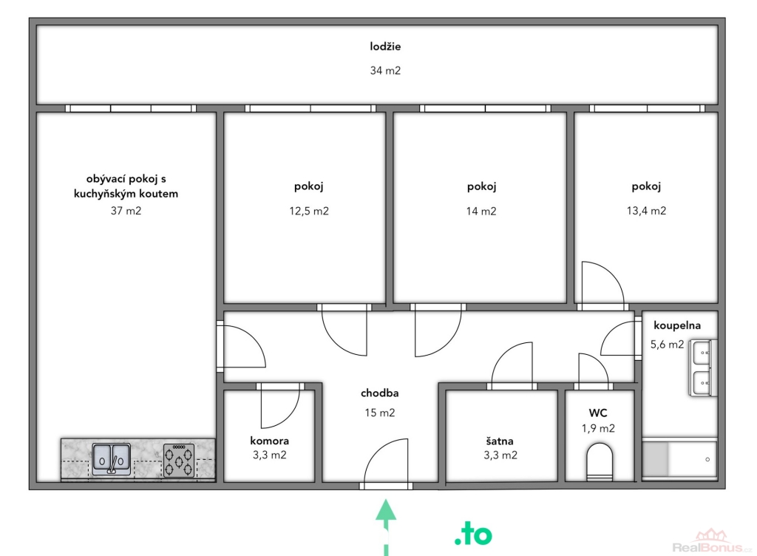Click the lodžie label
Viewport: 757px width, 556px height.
pyautogui.click(x=385, y=47)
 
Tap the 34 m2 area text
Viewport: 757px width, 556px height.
pyautogui.click(x=385, y=70)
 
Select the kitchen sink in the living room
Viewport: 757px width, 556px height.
pyautogui.click(x=111, y=459)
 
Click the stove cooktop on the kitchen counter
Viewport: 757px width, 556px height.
pyautogui.click(x=179, y=460)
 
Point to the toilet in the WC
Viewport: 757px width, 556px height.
pyautogui.click(x=599, y=462)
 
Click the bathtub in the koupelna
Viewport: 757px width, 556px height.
pyautogui.click(x=679, y=458)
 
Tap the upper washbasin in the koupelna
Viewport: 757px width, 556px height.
pyautogui.click(x=702, y=353)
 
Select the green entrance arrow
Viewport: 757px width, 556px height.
pyautogui.click(x=386, y=527)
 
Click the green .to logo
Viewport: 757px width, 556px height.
pyautogui.click(x=473, y=535)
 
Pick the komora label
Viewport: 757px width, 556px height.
pyautogui.click(x=269, y=441)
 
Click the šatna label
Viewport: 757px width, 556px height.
pyautogui.click(x=500, y=441)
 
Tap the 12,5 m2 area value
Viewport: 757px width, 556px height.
pyautogui.click(x=309, y=211)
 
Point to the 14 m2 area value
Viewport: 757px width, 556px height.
pyautogui.click(x=481, y=211)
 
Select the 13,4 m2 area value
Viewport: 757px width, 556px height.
pyautogui.click(x=646, y=211)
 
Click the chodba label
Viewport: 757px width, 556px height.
pyautogui.click(x=379, y=393)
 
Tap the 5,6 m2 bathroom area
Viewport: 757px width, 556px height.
pyautogui.click(x=667, y=344)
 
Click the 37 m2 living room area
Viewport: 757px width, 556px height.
pyautogui.click(x=126, y=211)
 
